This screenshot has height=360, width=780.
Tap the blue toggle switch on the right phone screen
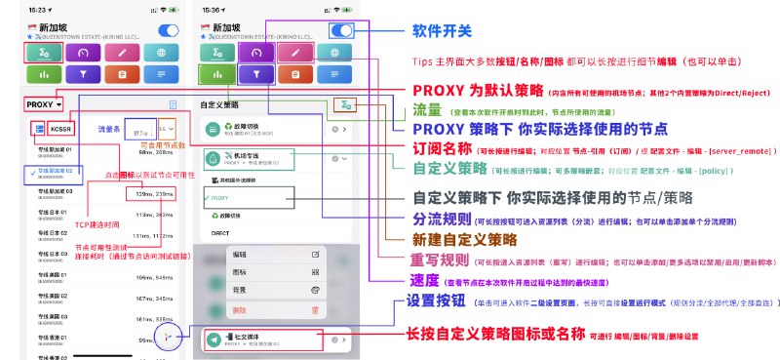click(341, 30)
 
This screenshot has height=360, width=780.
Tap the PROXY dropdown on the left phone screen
click(44, 103)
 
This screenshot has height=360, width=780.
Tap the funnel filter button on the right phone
click(255, 73)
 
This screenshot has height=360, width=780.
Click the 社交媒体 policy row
click(263, 340)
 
